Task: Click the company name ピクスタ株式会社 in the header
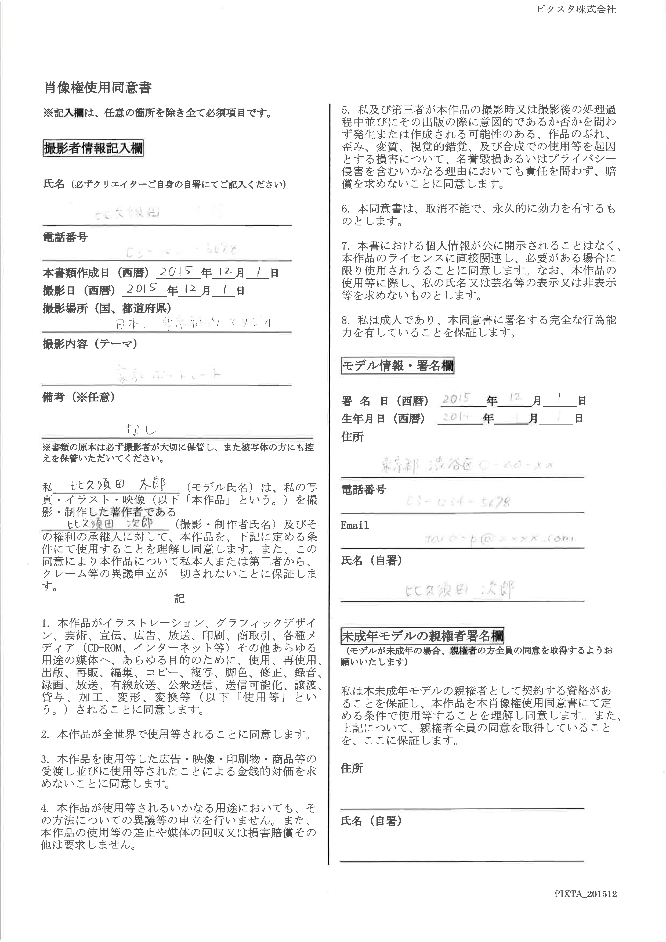click(576, 9)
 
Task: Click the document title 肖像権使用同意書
click(97, 87)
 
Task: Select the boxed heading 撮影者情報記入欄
click(93, 148)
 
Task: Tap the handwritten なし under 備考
click(142, 429)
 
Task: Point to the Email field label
click(355, 526)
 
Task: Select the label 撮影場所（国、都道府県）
click(107, 308)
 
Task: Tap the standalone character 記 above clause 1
click(179, 599)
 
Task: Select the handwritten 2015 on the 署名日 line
click(456, 398)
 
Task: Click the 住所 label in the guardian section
click(352, 768)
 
